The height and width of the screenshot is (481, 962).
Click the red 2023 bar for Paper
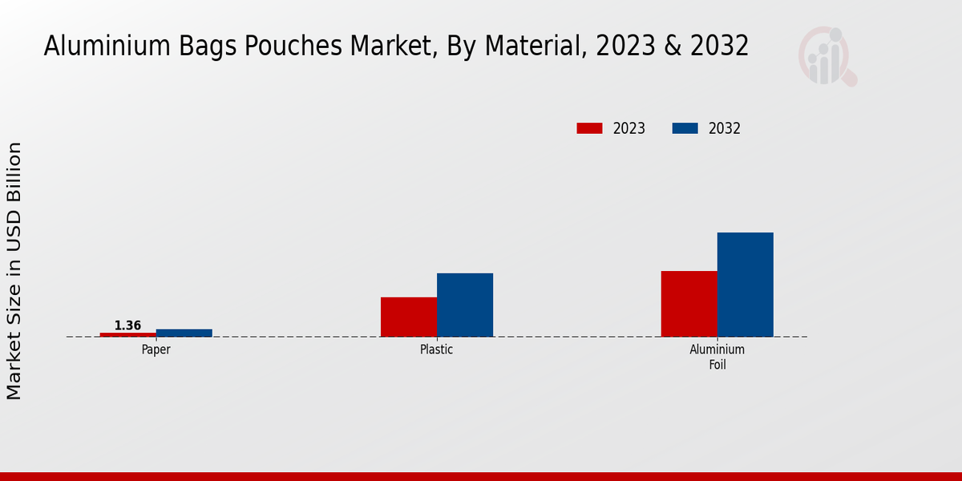[x=128, y=334]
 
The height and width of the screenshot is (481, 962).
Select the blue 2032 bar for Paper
[x=184, y=333]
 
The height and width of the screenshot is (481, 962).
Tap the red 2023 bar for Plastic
[x=409, y=317]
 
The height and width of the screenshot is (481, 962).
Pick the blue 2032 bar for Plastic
[x=465, y=305]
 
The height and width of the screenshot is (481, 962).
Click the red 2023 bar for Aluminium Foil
[x=689, y=304]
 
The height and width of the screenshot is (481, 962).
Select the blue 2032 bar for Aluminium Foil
[x=746, y=285]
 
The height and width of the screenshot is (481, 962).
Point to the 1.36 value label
[x=127, y=325]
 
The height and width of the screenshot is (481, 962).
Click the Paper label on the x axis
[x=156, y=350]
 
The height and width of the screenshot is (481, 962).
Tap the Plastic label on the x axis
[x=437, y=350]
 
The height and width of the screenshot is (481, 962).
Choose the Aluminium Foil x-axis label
[x=717, y=358]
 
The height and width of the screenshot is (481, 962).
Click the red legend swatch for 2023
[x=589, y=128]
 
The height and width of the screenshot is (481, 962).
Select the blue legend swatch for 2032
[x=685, y=128]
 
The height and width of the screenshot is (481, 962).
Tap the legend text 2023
[x=629, y=128]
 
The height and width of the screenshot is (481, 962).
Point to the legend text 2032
[x=725, y=128]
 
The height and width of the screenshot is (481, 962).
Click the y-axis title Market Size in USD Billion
[x=14, y=271]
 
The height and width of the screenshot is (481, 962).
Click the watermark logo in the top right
[x=827, y=56]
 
